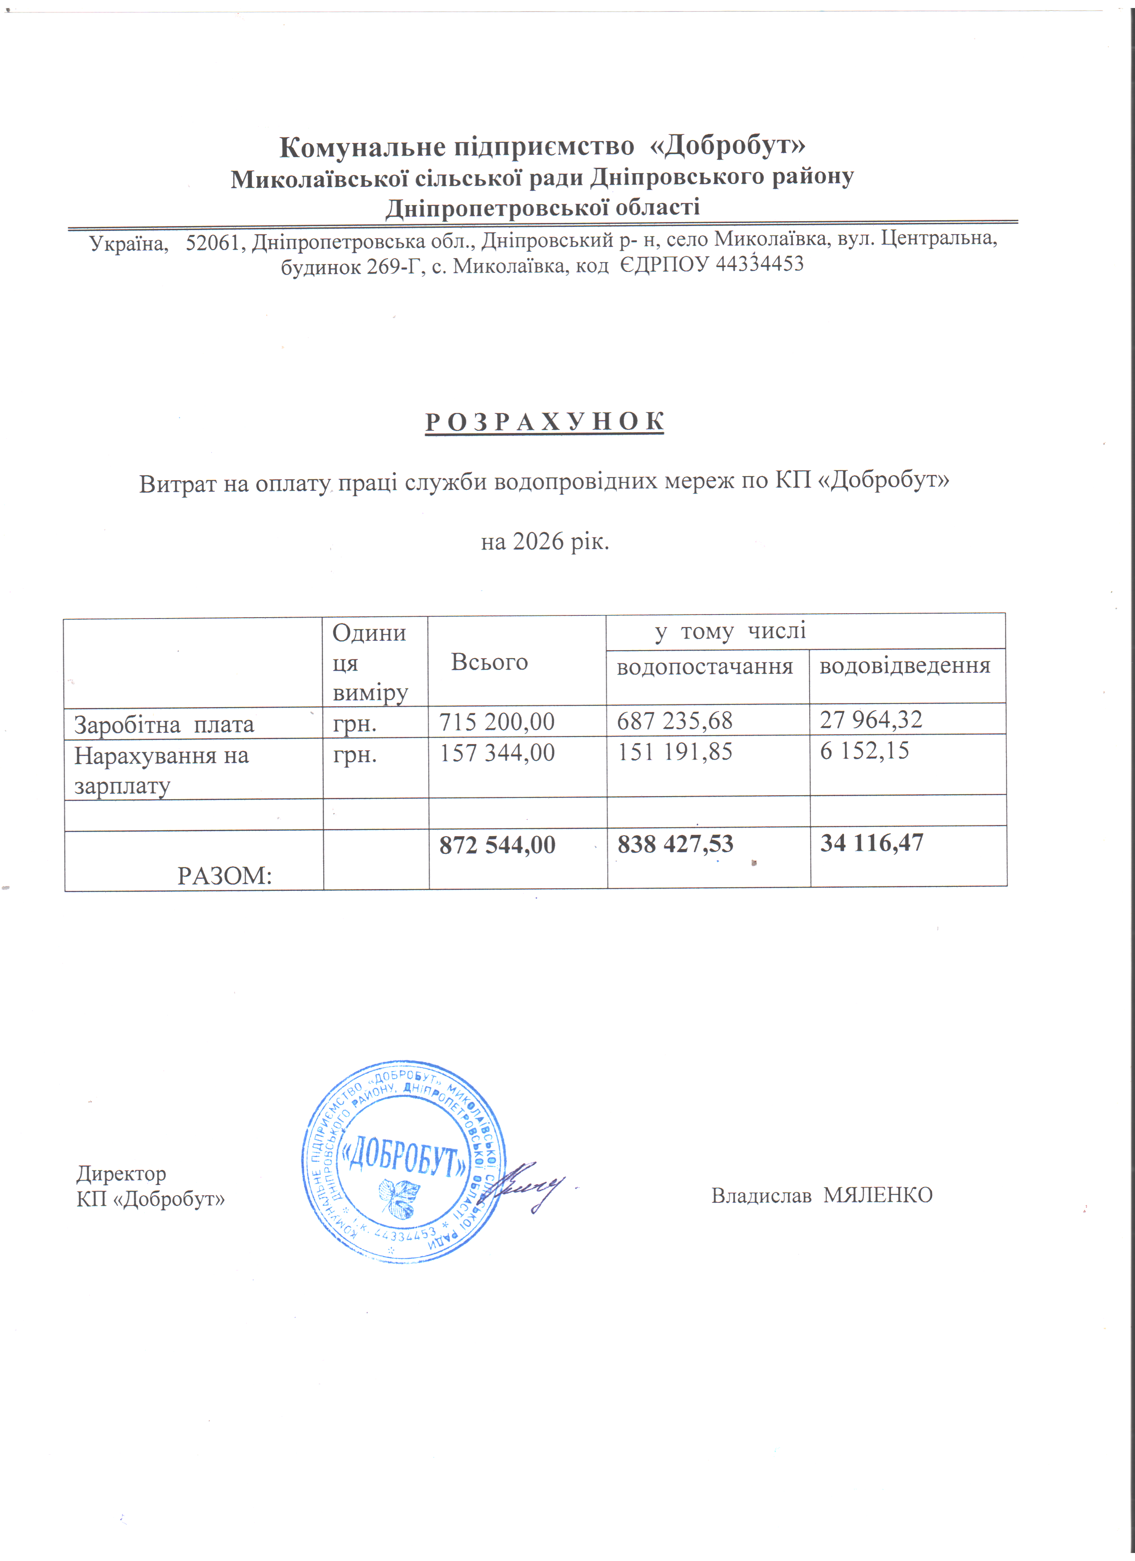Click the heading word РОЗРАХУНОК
(x=544, y=422)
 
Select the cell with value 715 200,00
(x=497, y=721)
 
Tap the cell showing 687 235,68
(x=674, y=720)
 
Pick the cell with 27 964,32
(x=871, y=719)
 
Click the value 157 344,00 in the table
(x=497, y=752)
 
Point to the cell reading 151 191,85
(x=674, y=752)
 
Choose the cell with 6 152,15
(x=864, y=750)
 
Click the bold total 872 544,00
(x=497, y=845)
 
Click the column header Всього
(x=489, y=662)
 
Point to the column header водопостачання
(x=705, y=666)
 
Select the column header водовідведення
(x=905, y=666)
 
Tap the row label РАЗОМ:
(x=224, y=875)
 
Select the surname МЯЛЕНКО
(x=878, y=1195)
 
